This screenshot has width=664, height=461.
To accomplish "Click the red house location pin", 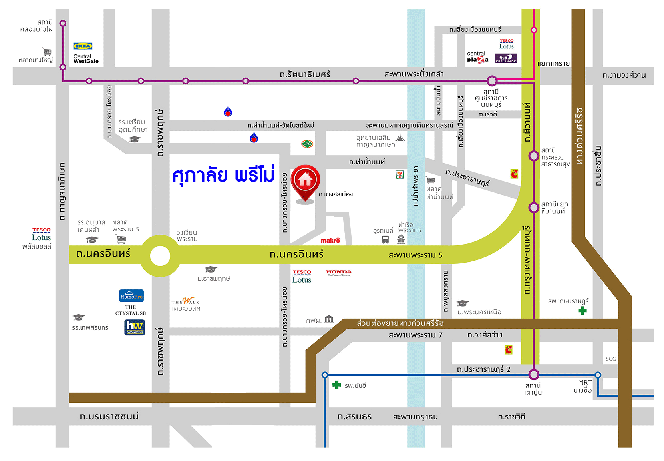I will coord(305,181).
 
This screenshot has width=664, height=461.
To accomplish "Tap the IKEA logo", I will coord(83,46).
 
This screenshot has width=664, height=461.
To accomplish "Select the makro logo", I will coord(330,240).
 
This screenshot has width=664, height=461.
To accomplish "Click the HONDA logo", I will coord(339,273).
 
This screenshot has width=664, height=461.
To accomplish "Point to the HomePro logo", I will coord(131,296).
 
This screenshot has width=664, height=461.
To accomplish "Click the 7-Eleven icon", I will coord(400,174).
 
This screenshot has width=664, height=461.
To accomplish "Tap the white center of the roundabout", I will coord(160,256).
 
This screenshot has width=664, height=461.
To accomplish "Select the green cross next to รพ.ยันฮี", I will coord(337,385).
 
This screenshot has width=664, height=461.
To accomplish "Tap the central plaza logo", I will coord(477,57).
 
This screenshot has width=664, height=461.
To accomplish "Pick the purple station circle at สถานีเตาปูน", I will coord(534,375).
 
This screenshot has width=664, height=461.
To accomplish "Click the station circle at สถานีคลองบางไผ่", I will coord(63,24).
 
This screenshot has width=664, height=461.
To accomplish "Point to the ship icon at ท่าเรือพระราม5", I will coord(401,239).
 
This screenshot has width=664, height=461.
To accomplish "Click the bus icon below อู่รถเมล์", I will coord(386,240).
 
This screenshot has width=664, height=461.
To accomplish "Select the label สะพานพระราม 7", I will coord(415,335).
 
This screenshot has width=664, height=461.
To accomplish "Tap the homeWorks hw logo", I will coord(135,327).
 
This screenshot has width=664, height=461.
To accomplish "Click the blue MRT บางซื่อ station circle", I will coord(598,375).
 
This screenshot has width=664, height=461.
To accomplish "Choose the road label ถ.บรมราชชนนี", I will coord(109,417).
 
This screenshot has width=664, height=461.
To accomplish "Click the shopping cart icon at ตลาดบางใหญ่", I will coord(47,51).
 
